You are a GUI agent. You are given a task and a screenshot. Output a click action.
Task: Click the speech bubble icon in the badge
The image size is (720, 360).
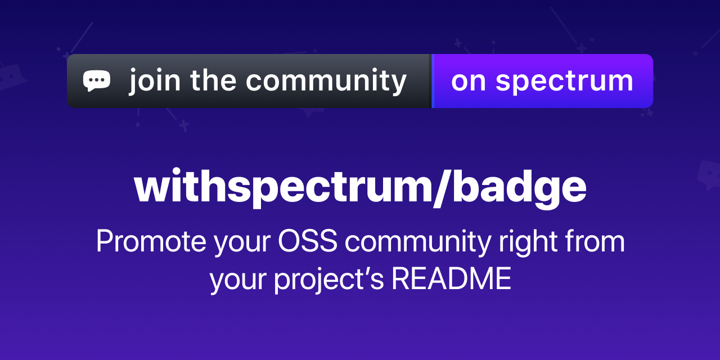pyautogui.click(x=97, y=80)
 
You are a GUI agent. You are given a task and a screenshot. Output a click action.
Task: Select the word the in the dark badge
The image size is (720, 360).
pyautogui.click(x=213, y=80)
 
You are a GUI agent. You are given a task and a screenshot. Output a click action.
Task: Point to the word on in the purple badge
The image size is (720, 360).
pyautogui.click(x=468, y=81)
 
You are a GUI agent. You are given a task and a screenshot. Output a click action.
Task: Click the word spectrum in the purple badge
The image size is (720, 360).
pyautogui.click(x=564, y=82)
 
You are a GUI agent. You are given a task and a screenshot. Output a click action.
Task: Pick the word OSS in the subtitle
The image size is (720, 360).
pyautogui.click(x=308, y=242)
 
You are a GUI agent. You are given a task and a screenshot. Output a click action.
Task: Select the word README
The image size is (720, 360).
pyautogui.click(x=452, y=279)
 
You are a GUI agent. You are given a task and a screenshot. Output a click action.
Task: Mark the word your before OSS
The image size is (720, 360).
pyautogui.click(x=242, y=243)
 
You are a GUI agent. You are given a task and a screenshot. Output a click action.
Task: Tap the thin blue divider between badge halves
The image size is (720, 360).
pyautogui.click(x=432, y=80)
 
